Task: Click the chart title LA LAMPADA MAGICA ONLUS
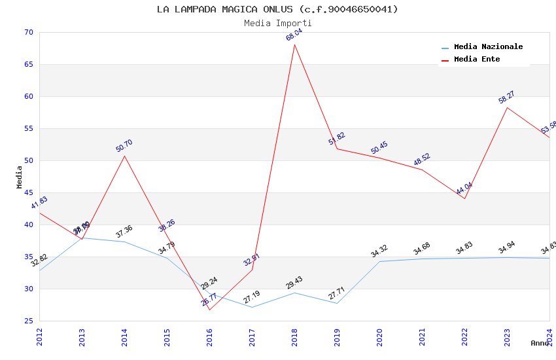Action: click(x=277, y=9)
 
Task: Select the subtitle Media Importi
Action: click(x=277, y=23)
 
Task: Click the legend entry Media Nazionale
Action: click(x=488, y=47)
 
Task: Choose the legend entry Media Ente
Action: click(x=477, y=59)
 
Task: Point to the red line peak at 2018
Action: click(x=294, y=45)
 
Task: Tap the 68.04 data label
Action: click(x=294, y=35)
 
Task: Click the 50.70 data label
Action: click(x=124, y=146)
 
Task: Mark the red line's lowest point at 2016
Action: click(x=209, y=310)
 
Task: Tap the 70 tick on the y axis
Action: click(x=27, y=33)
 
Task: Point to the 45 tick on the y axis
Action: click(x=27, y=193)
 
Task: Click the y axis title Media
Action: click(x=20, y=177)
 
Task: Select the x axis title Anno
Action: click(x=540, y=343)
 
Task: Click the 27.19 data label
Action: click(x=252, y=298)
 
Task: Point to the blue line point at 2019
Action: click(x=337, y=303)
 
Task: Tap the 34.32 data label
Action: click(x=379, y=251)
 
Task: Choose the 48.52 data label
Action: click(x=422, y=160)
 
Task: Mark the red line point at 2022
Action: click(x=464, y=198)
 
